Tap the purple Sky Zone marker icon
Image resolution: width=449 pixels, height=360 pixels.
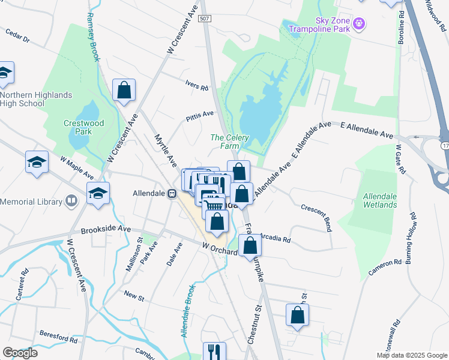click(360, 24)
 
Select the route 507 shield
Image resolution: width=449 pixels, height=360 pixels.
click(205, 19)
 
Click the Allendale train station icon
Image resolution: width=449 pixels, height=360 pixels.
click(172, 194)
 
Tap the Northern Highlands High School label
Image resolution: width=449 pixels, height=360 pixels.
click(36, 99)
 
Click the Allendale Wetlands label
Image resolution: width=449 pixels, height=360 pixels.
click(380, 200)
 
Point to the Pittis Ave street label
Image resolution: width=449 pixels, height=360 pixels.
click(199, 114)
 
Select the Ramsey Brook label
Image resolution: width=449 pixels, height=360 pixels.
click(94, 33)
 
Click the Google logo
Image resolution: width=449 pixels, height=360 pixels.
click(20, 353)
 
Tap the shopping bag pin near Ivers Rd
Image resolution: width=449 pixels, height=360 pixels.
click(124, 91)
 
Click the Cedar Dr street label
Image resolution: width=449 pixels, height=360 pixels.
click(17, 36)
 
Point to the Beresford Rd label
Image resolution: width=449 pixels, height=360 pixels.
click(58, 338)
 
